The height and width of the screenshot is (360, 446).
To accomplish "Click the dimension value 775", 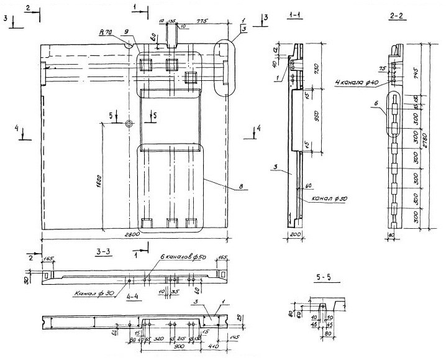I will pyautogui.click(x=200, y=21).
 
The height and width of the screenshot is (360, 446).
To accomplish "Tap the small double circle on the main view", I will pyautogui.click(x=129, y=124).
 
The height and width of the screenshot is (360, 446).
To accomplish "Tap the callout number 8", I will pyautogui.click(x=231, y=185).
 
